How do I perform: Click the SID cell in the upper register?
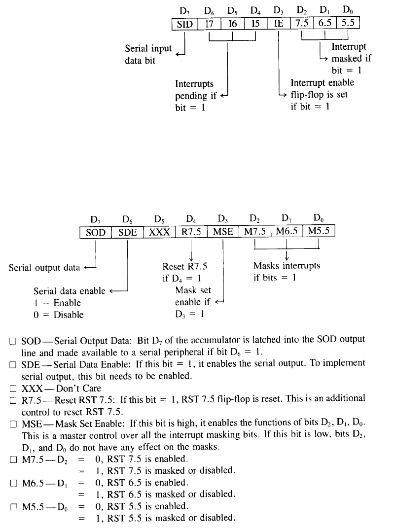(184, 24)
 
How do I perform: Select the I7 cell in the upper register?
(209, 24)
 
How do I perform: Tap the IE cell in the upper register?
(279, 24)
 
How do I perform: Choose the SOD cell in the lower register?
(96, 232)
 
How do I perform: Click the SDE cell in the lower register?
(128, 232)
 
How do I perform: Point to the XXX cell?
(159, 232)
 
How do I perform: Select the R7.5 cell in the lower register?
(191, 232)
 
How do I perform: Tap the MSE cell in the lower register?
(223, 232)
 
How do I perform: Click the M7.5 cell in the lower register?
(254, 232)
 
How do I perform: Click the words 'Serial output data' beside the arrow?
(44, 268)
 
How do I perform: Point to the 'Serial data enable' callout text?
(70, 291)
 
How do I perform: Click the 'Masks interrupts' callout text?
(287, 266)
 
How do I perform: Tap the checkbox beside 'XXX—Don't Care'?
(13, 388)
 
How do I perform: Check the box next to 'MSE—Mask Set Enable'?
(13, 424)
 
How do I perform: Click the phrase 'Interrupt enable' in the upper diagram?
(322, 83)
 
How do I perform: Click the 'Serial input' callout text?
(148, 48)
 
